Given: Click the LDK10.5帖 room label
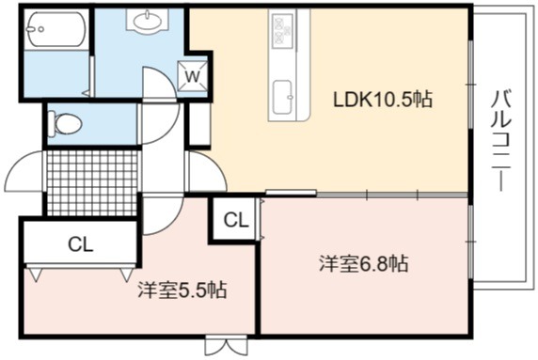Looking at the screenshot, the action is pyautogui.click(x=383, y=100).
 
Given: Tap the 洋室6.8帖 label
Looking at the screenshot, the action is pyautogui.click(x=364, y=264).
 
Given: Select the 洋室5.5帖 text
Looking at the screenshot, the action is pyautogui.click(x=182, y=290).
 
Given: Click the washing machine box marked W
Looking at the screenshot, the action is pyautogui.click(x=193, y=76).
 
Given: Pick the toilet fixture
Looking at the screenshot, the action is pyautogui.click(x=65, y=123).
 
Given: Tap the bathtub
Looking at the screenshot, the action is pyautogui.click(x=55, y=29).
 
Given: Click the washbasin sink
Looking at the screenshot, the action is pyautogui.click(x=148, y=21).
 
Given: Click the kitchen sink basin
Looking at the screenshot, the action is pyautogui.click(x=283, y=98).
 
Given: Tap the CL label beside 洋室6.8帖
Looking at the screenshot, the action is pyautogui.click(x=236, y=220).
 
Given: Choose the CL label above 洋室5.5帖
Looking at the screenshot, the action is pyautogui.click(x=80, y=244).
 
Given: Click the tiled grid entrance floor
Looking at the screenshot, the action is pyautogui.click(x=92, y=182).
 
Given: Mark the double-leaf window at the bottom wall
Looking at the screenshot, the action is pyautogui.click(x=226, y=346).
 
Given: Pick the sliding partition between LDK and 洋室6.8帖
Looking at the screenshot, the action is pyautogui.click(x=367, y=195).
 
